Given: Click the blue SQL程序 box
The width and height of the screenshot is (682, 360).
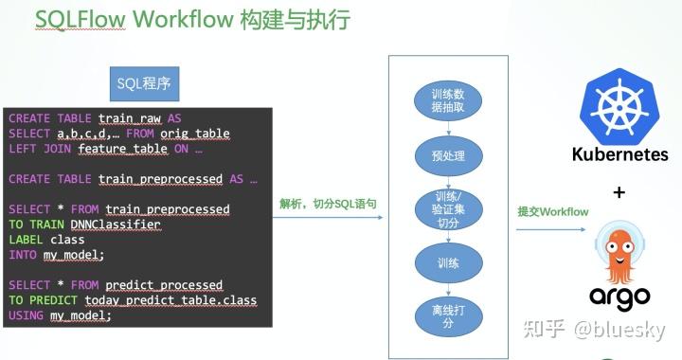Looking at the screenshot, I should click(142, 84).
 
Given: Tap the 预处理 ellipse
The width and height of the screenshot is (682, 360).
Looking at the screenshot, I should click(447, 155).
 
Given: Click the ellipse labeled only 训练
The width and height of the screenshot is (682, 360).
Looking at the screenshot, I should click(446, 261).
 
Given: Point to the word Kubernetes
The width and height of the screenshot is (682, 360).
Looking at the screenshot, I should click(619, 154).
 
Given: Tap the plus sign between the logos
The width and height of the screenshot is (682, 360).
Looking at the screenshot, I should click(619, 193).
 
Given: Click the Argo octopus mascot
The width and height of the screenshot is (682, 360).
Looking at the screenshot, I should click(619, 244).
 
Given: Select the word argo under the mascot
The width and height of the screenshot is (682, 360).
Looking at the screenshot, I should click(619, 296).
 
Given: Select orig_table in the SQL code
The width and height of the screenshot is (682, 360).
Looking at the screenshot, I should click(194, 134).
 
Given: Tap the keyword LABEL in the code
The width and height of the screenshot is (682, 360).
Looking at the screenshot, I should click(26, 240).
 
